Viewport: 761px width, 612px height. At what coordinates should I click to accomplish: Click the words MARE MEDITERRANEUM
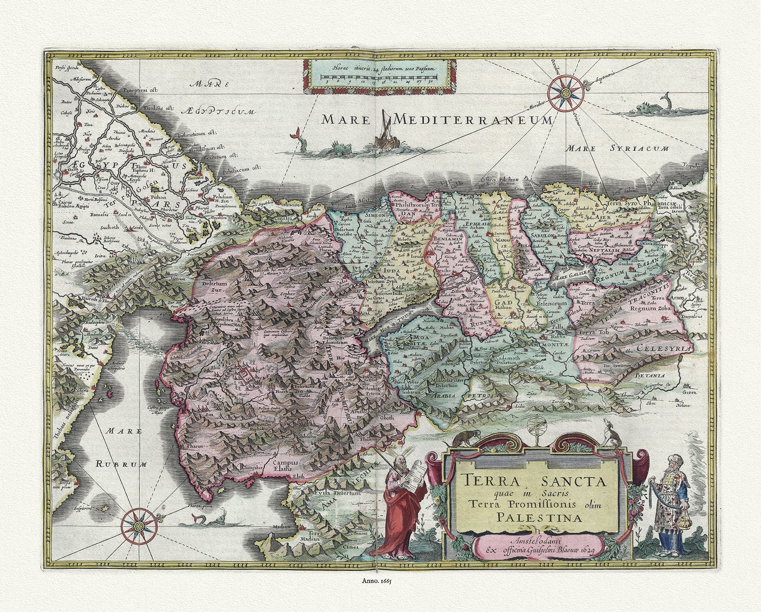click(438, 120)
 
